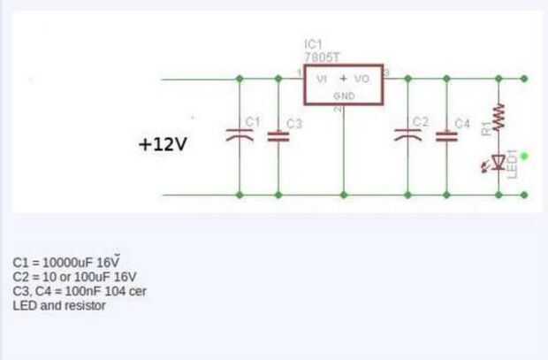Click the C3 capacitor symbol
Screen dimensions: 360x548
point(278,136)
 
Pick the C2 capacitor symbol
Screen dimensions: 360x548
point(407,135)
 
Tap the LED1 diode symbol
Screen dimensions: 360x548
point(499,162)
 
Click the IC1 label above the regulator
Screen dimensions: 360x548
point(314,44)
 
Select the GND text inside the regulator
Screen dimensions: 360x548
point(345,96)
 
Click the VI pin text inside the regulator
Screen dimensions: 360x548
point(322,79)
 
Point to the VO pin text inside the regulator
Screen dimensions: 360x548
point(362,79)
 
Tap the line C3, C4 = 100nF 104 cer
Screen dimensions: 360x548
point(80,291)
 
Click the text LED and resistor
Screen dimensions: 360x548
point(59,305)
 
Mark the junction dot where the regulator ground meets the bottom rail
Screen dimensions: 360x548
point(344,195)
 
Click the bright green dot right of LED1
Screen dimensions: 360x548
point(524,157)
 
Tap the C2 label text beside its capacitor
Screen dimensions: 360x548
point(421,121)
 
